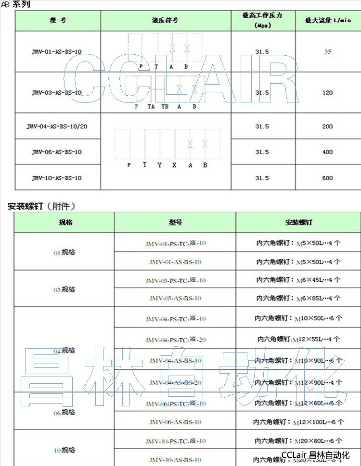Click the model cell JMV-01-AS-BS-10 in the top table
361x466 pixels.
[57, 51]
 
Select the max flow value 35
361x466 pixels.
[327, 51]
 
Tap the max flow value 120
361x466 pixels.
[327, 92]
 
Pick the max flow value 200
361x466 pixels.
[327, 126]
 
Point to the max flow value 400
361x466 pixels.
[327, 152]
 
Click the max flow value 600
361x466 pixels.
[327, 178]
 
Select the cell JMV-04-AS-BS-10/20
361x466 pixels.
[57, 126]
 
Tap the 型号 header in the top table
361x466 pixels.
[57, 21]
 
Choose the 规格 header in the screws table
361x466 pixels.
[64, 223]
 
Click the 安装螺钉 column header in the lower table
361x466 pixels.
[298, 223]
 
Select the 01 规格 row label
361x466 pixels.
[64, 252]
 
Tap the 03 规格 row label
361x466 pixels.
[64, 290]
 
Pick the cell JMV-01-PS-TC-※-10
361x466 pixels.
[175, 243]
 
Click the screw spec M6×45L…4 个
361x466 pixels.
[298, 280]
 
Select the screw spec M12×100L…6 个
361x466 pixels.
[298, 422]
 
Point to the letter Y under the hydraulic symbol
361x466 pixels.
[159, 165]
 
